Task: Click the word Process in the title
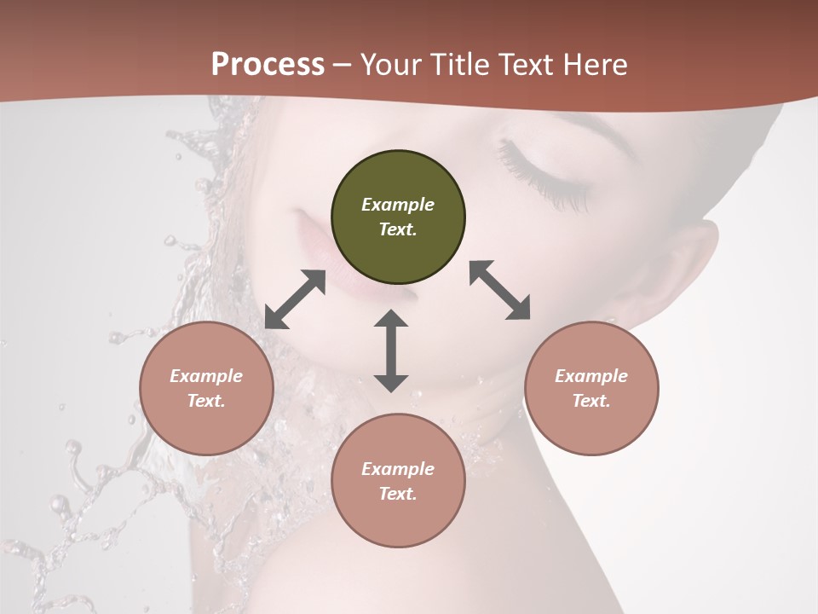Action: click(268, 65)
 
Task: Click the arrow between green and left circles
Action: click(295, 299)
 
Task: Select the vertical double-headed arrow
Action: click(391, 350)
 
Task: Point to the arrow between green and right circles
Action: click(500, 290)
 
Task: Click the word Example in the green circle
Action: click(398, 205)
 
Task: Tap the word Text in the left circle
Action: click(206, 401)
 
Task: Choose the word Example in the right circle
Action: click(591, 376)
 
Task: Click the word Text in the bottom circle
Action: click(398, 494)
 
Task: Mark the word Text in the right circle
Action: click(591, 401)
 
